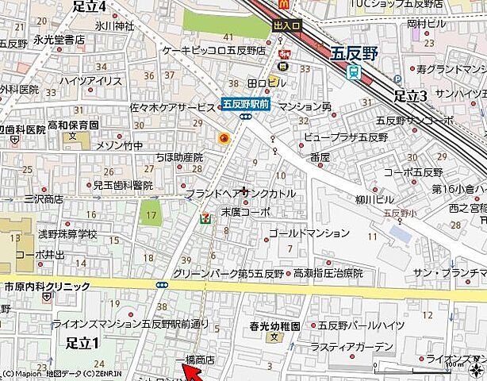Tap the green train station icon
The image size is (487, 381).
point(355,71)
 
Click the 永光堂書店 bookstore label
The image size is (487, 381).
point(59,39)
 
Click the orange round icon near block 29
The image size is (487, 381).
point(224,139)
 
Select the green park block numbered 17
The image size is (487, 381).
point(151,213)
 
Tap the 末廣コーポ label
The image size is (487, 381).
point(245,212)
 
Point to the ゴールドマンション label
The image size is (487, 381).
point(309,233)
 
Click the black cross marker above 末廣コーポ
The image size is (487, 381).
point(243,189)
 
